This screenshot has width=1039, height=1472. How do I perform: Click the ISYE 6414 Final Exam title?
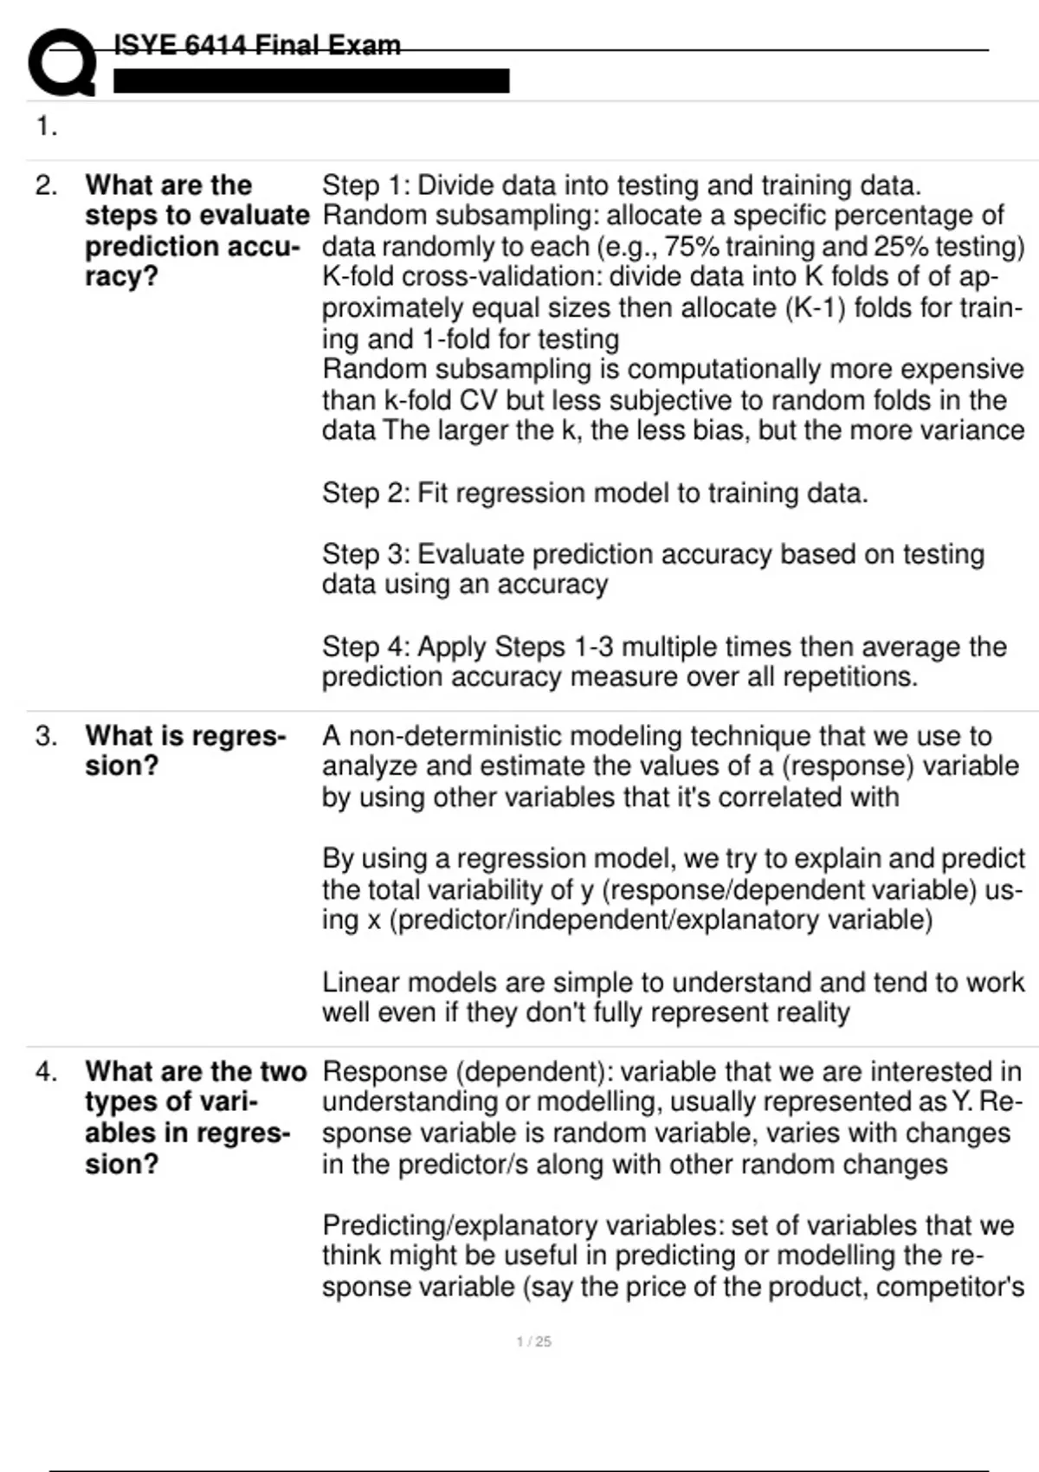tap(257, 45)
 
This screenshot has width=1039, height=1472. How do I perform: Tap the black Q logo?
tap(61, 62)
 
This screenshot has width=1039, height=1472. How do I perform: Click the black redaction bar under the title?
tap(311, 81)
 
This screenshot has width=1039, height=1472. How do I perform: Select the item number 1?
tap(46, 127)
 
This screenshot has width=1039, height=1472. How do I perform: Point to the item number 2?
tap(46, 185)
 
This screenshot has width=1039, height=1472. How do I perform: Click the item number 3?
tap(46, 736)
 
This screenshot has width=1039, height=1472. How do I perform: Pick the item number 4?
tap(46, 1072)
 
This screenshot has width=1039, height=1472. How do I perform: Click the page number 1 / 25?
tap(533, 1341)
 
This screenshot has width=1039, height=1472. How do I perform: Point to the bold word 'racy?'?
tap(121, 277)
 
